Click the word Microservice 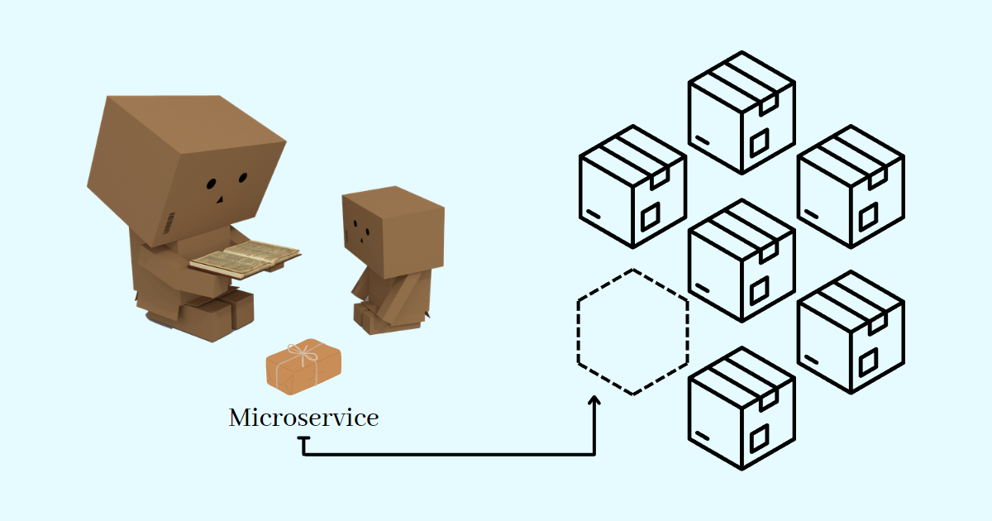pyautogui.click(x=303, y=418)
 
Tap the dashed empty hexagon pyautogui.click(x=632, y=332)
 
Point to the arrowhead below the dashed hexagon pyautogui.click(x=594, y=401)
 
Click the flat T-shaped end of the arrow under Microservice pyautogui.click(x=305, y=440)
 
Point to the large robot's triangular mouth pyautogui.click(x=221, y=199)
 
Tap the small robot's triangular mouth pyautogui.click(x=361, y=239)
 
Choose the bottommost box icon pyautogui.click(x=742, y=409)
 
